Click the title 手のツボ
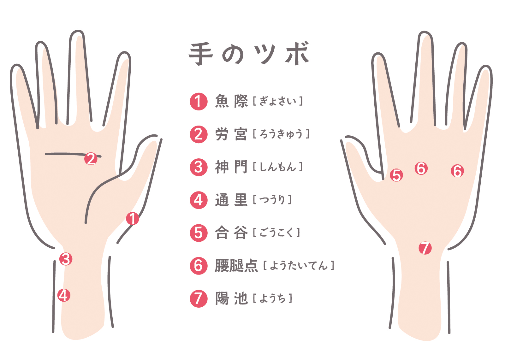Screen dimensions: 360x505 point(249,54)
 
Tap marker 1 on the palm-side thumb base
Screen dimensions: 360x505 point(133,218)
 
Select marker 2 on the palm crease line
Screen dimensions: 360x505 point(91,159)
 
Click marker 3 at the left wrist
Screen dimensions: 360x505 point(66,259)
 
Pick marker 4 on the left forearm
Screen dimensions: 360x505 point(64,295)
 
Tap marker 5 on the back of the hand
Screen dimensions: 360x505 point(396,175)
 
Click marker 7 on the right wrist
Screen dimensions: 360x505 point(425,248)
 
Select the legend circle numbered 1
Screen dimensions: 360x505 point(199,101)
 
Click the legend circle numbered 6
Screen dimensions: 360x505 point(199,266)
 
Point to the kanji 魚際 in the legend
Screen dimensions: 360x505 point(231,101)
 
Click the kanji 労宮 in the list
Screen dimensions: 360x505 point(231,134)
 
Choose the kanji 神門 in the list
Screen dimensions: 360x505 point(231,167)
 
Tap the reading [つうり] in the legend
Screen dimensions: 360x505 point(272,200)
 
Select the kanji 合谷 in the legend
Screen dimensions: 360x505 point(231,233)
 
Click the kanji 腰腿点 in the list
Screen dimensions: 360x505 point(236,266)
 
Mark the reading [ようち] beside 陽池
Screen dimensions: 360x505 point(272,298)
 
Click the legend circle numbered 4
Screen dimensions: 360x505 point(199,200)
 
